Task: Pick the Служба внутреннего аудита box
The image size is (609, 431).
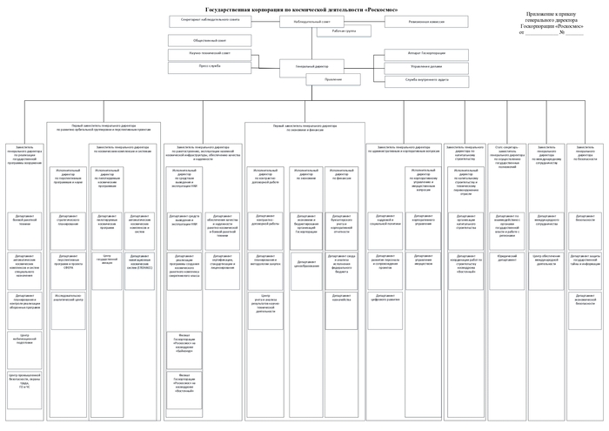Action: click(425, 79)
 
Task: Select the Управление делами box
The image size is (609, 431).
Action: click(425, 66)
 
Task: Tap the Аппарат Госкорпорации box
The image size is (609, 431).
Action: click(425, 53)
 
